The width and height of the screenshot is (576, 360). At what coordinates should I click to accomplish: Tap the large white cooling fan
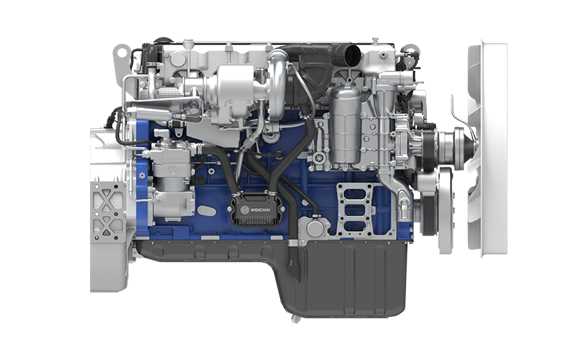[x=487, y=149]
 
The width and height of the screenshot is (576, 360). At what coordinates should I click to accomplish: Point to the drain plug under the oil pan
[x=295, y=319]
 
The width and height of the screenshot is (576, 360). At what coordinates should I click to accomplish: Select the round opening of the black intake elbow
[x=353, y=55]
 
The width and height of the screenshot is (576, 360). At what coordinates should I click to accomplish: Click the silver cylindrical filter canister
[x=346, y=124]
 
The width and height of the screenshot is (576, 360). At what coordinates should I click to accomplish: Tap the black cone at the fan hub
[x=472, y=148]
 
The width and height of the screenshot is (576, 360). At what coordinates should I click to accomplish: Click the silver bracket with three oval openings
[x=355, y=210]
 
